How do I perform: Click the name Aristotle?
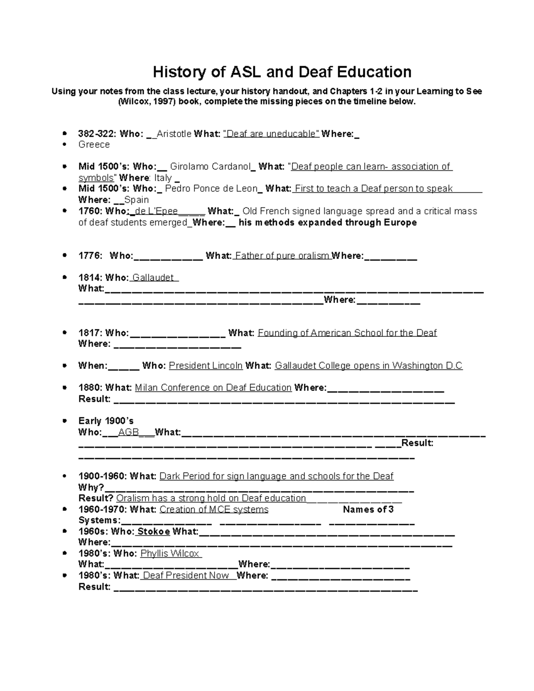pos(174,133)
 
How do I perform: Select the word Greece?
pos(94,145)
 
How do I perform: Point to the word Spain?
pos(137,200)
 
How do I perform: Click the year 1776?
pos(90,255)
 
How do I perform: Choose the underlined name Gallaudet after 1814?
pos(153,278)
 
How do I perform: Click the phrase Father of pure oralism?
pos(282,255)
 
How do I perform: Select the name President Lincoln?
pos(206,366)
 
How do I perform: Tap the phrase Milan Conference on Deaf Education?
pos(213,388)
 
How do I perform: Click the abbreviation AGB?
pos(129,432)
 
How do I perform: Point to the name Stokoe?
pos(154,531)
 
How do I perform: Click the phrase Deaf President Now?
pos(186,575)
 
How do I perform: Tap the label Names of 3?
pos(368,509)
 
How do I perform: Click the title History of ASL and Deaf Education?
pos(282,72)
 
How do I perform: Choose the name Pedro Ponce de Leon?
pos(211,189)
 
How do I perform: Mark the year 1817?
pos(90,333)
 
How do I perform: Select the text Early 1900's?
pos(106,421)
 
